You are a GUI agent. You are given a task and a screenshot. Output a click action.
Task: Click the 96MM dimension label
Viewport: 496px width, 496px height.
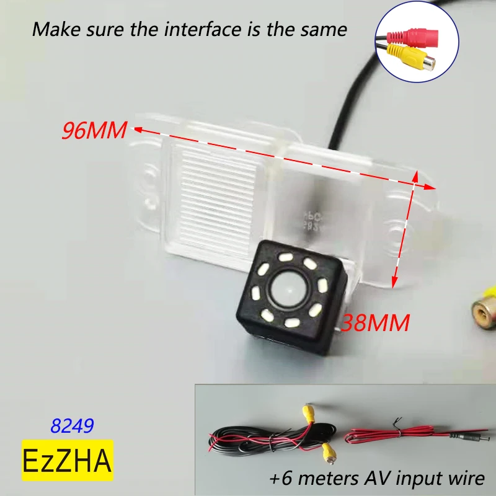click(94, 131)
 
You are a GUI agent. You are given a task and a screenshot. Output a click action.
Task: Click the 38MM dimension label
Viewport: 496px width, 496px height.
click(376, 322)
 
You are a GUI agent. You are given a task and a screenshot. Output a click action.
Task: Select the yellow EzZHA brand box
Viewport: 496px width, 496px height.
click(67, 460)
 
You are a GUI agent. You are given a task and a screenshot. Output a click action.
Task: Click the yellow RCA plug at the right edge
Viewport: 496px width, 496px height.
click(483, 307)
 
